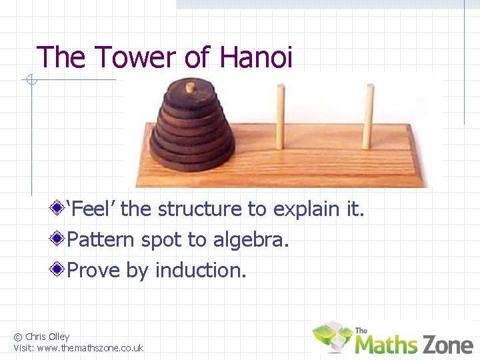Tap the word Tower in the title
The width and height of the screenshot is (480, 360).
(135, 57)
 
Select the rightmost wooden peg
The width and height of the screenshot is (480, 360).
(367, 117)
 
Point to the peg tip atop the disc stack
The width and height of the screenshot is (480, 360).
(190, 86)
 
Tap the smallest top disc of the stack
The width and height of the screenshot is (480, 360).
(190, 95)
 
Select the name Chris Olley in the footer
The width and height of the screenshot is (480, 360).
(46, 337)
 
